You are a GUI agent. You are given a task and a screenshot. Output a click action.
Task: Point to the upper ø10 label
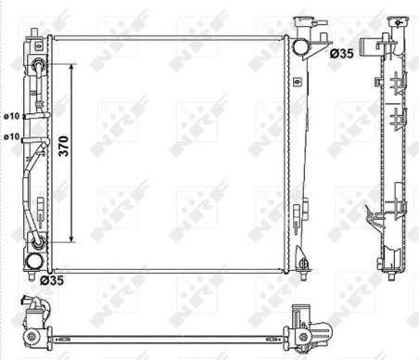12,115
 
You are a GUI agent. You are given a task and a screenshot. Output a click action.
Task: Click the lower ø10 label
12,136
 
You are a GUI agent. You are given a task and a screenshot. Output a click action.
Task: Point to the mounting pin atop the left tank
33,33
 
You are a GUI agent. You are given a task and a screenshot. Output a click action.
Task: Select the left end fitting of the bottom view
33,315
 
